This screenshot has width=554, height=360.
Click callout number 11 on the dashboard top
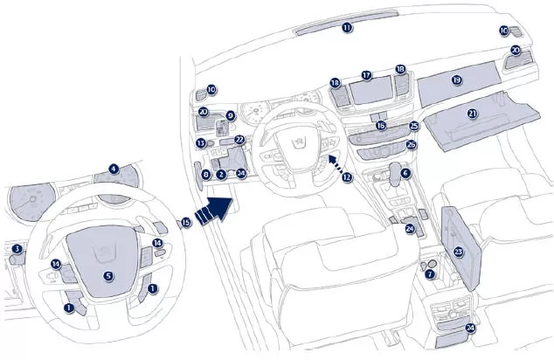[x=347, y=28]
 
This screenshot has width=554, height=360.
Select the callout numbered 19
[x=456, y=80]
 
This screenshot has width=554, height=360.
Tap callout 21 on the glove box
[x=473, y=113]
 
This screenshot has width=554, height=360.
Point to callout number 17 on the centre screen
[x=367, y=77]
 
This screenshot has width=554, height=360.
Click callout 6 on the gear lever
[x=405, y=174]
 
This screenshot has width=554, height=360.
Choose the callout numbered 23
[x=458, y=252]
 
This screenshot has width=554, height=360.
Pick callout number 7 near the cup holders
[x=429, y=274]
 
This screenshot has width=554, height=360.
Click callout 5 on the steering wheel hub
[x=108, y=276]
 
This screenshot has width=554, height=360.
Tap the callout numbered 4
[x=113, y=169]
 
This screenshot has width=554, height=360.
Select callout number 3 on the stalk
[x=17, y=250]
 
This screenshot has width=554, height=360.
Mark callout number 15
[x=186, y=223]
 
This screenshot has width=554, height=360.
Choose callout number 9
[x=231, y=115]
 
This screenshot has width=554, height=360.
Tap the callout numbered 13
[x=200, y=142]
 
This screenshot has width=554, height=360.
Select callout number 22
[x=239, y=139]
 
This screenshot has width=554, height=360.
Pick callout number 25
[x=413, y=126]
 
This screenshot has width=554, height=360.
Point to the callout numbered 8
[x=205, y=176]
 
